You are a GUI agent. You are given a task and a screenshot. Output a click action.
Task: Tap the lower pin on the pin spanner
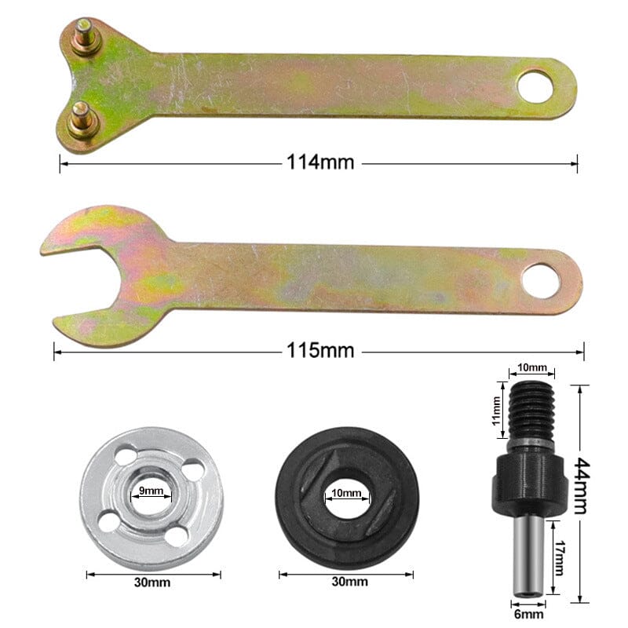coord(81,119)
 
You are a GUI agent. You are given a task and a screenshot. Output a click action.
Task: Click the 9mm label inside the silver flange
coord(151,491)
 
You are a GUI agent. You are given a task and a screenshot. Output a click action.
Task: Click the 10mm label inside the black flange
coord(346,494)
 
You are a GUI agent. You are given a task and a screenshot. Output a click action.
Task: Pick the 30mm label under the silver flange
coord(152,582)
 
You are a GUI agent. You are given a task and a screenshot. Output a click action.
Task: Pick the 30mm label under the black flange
coord(347,582)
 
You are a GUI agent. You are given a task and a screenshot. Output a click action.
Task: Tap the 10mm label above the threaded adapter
coord(531,367)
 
